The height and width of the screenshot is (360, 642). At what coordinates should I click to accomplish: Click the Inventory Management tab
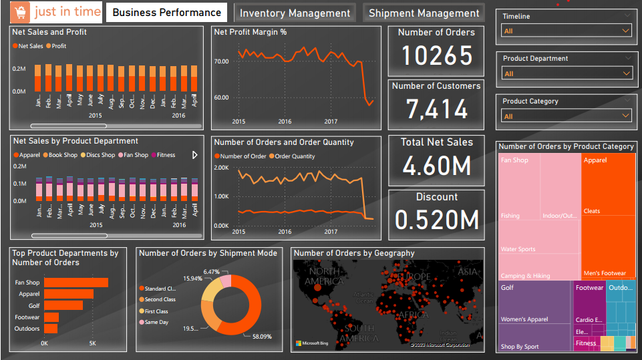click(x=295, y=13)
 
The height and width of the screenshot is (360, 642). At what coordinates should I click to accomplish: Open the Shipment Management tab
click(x=424, y=13)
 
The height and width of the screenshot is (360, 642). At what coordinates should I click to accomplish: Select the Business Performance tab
click(x=166, y=13)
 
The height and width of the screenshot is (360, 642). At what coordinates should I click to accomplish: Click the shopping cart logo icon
click(x=21, y=12)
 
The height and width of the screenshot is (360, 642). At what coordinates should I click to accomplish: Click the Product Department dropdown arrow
click(x=626, y=73)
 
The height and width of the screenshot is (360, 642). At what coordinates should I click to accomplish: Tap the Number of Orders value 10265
click(x=436, y=57)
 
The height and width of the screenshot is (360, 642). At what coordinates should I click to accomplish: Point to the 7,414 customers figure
click(x=436, y=109)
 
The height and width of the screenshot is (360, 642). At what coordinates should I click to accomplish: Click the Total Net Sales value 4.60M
click(x=436, y=166)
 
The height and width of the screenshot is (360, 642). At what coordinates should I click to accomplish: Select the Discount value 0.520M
click(x=436, y=219)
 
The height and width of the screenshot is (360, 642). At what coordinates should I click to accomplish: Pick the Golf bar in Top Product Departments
click(x=63, y=305)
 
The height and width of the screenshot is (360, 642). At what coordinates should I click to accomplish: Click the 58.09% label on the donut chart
click(x=261, y=337)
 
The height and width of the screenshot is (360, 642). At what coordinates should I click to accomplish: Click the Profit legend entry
click(x=59, y=46)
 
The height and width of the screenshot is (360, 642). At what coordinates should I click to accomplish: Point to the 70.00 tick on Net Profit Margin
click(x=220, y=61)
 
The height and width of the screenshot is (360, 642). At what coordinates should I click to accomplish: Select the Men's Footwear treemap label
click(x=605, y=273)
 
